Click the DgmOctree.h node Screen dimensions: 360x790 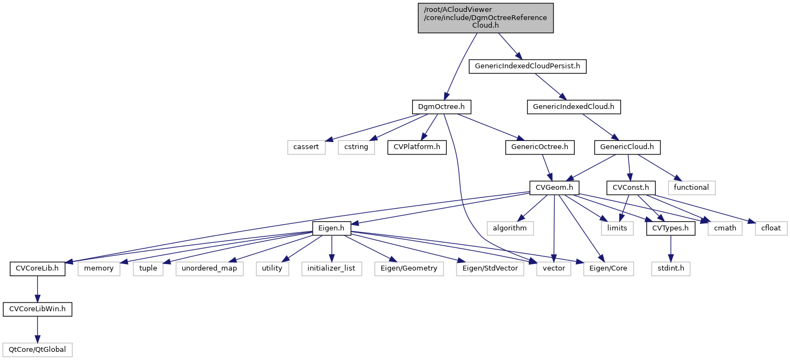[x=441, y=107]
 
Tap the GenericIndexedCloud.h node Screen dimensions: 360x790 [x=573, y=107]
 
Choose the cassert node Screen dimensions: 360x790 [x=306, y=147]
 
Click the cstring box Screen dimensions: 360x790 [x=356, y=147]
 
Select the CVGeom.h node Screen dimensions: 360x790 [x=554, y=188]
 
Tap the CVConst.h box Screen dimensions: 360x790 [x=631, y=188]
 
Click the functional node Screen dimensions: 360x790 [x=691, y=188]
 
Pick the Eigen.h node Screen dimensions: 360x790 [x=331, y=228]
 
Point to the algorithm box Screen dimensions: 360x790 [x=510, y=228]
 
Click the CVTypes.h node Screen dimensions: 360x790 [x=671, y=228]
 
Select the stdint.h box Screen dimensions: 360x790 [x=671, y=268]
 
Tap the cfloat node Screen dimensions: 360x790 [x=770, y=228]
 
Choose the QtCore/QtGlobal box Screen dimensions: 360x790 [x=37, y=349]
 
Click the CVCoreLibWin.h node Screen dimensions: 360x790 [x=37, y=309]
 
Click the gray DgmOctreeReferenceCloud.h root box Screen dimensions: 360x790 [x=485, y=18]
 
